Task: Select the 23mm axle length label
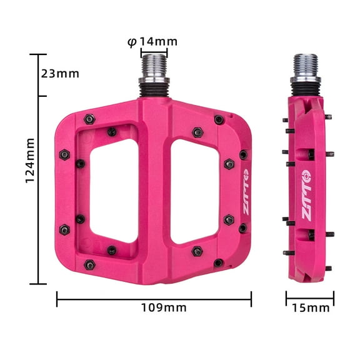60,73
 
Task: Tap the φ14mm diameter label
152,41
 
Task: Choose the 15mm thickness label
310,307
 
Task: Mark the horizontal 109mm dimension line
154,299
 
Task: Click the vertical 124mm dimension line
38,169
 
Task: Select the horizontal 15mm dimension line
310,298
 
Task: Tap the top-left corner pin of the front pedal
89,118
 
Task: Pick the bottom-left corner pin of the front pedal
89,265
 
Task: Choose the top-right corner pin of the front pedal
219,119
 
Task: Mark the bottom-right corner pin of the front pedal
218,263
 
